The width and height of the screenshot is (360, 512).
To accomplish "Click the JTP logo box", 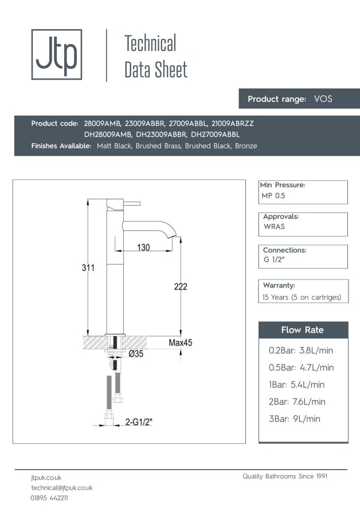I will pyautogui.click(x=56, y=54).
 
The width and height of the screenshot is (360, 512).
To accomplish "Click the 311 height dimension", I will pyautogui.click(x=88, y=268).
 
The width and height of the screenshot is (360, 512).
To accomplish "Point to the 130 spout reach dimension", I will pyautogui.click(x=143, y=247).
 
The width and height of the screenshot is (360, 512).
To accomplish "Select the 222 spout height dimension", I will pyautogui.click(x=181, y=286).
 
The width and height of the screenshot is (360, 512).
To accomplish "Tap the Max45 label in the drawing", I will pyautogui.click(x=180, y=343).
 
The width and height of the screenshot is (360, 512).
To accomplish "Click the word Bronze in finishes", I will pyautogui.click(x=246, y=146).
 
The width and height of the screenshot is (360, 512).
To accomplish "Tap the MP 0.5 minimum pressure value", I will pyautogui.click(x=273, y=196).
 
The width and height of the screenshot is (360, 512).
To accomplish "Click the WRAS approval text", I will pyautogui.click(x=274, y=227).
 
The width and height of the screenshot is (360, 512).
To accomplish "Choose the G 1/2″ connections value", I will pyautogui.click(x=275, y=260).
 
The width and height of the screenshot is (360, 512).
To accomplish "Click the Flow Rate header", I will pyautogui.click(x=302, y=330).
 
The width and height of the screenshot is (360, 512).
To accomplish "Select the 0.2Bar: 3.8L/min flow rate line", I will pyautogui.click(x=301, y=350).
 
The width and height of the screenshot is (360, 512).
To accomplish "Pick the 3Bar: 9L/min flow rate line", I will pyautogui.click(x=294, y=419).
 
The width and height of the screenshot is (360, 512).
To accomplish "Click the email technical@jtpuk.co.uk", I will pyautogui.click(x=61, y=487).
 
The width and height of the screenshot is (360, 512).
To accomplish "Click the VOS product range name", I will pyautogui.click(x=323, y=99).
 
